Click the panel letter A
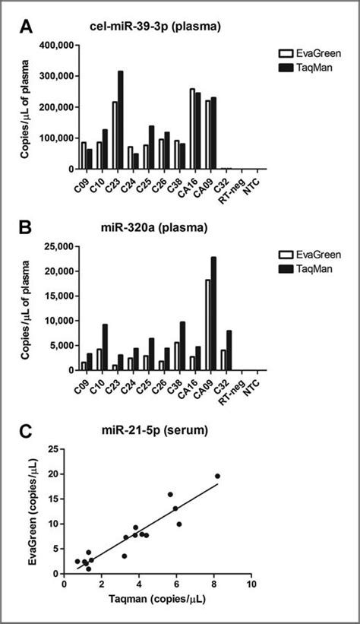pyautogui.click(x=25, y=28)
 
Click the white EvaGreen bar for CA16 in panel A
pyautogui.click(x=192, y=129)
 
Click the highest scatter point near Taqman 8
pyautogui.click(x=217, y=476)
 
